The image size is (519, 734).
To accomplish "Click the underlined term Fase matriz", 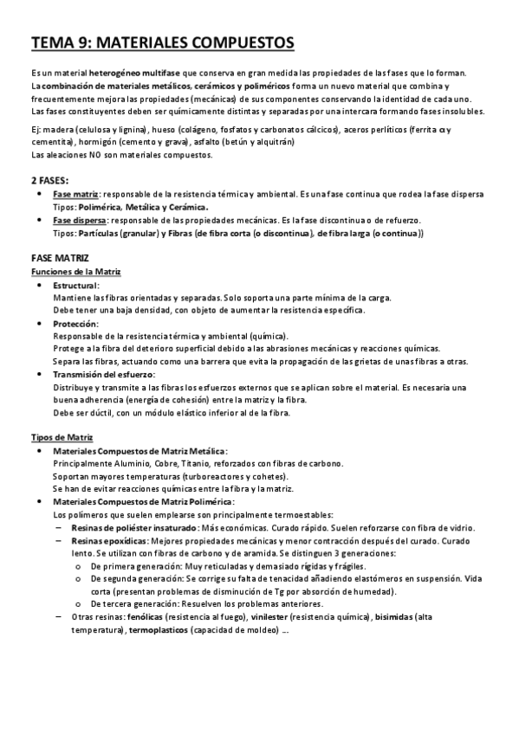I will (x=75, y=195).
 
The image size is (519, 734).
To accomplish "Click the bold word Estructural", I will (x=76, y=285).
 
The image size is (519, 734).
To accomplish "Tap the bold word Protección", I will (x=75, y=323).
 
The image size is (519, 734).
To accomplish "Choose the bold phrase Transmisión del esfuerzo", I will (x=104, y=374).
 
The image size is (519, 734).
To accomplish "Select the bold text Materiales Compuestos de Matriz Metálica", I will (x=140, y=451).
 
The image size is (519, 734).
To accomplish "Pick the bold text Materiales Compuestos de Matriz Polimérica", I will (x=143, y=501).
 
